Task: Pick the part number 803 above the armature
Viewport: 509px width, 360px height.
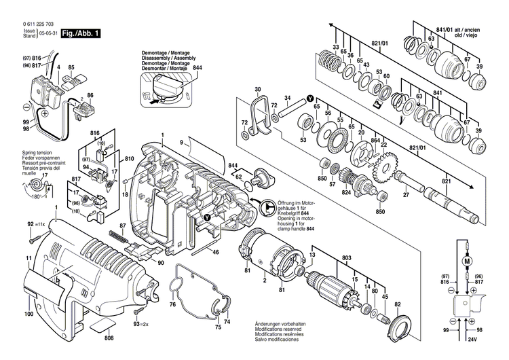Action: pyautogui.click(x=347, y=257)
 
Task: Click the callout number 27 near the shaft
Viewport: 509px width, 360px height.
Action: pyautogui.click(x=406, y=196)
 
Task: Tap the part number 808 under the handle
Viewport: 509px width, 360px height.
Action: pyautogui.click(x=109, y=337)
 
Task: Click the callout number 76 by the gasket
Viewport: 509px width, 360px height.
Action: pyautogui.click(x=172, y=304)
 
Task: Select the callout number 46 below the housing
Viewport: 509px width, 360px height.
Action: pyautogui.click(x=215, y=252)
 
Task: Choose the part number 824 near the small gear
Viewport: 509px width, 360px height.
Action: pyautogui.click(x=346, y=193)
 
